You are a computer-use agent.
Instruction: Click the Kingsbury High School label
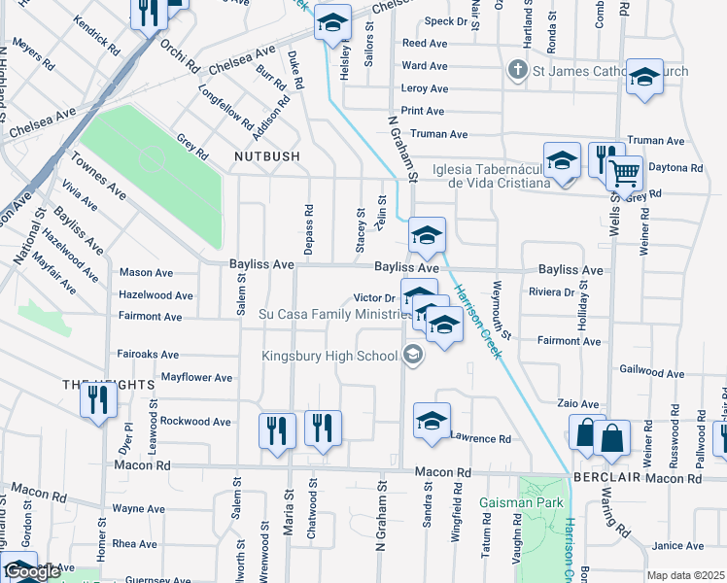pos(329,356)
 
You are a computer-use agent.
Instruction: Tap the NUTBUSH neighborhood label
pos(265,155)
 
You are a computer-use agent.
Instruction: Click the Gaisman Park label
pos(513,503)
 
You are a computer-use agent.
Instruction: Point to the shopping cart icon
pos(624,173)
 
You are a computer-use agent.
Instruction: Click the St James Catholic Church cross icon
pos(518,70)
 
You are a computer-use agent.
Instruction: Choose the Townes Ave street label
pos(98,174)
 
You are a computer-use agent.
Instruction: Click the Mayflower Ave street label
pos(196,377)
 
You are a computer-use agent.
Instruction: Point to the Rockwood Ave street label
pos(195,422)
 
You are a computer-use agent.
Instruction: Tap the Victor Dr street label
pos(374,298)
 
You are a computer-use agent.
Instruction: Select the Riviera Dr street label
pos(551,291)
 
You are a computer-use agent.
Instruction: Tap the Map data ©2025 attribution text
pos(685,575)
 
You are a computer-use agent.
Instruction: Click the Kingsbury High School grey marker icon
pos(413,356)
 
